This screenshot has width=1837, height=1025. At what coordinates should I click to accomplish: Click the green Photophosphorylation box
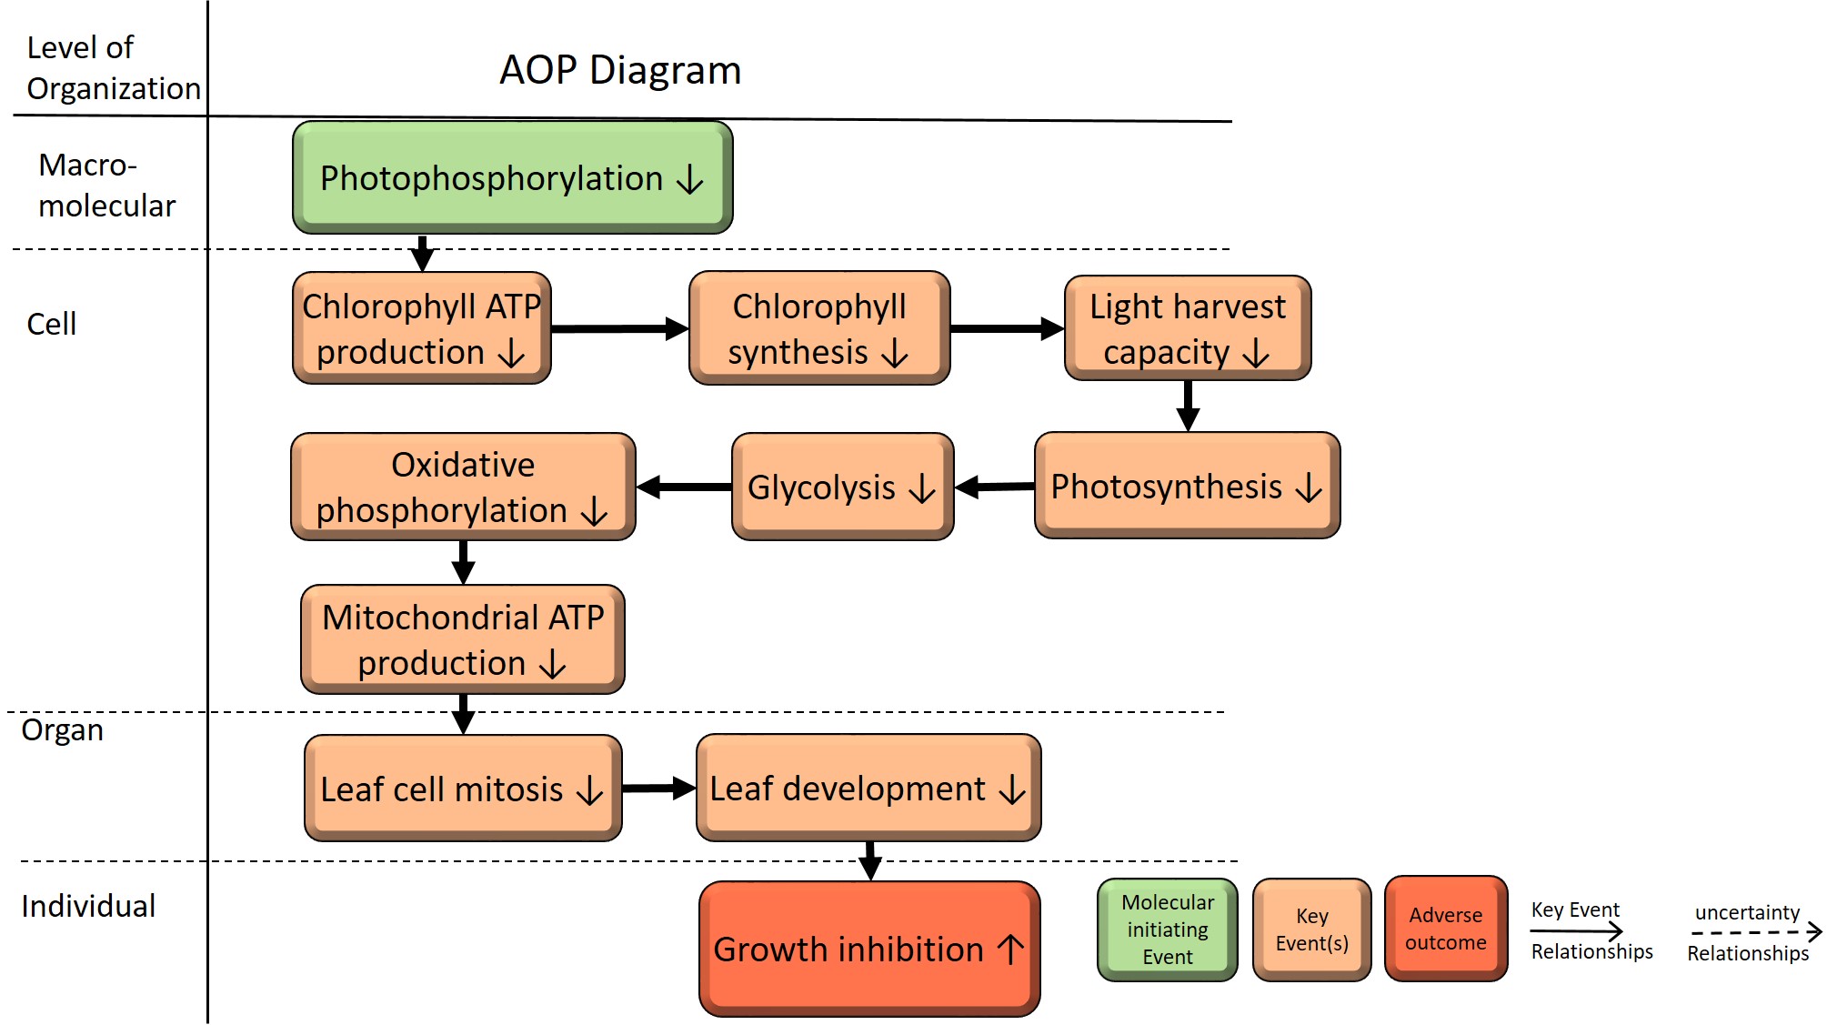click(513, 177)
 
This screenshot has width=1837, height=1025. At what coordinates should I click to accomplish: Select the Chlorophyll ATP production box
click(422, 327)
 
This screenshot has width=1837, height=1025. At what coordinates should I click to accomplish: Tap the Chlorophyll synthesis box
click(819, 327)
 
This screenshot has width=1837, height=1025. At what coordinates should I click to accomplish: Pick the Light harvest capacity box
click(1188, 327)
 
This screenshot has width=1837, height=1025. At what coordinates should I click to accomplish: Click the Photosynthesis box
click(1188, 486)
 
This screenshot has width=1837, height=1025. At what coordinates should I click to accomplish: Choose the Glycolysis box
click(843, 487)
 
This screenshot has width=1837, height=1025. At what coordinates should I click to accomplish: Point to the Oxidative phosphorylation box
click(463, 487)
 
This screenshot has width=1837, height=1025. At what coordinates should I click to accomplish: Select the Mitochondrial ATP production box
click(463, 639)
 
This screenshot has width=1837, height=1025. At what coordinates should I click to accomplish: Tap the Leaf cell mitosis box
click(463, 788)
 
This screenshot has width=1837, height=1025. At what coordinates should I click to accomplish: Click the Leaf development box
click(868, 788)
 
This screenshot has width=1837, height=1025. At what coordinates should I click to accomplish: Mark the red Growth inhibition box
click(869, 949)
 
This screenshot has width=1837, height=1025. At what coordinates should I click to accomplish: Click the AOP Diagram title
click(620, 70)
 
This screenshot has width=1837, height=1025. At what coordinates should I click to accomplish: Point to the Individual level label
click(88, 906)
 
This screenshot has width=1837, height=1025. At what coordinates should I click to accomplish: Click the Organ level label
click(62, 730)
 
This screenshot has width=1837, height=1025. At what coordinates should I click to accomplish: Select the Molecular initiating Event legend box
click(1168, 930)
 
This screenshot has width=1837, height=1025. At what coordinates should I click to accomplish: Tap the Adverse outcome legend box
click(1446, 929)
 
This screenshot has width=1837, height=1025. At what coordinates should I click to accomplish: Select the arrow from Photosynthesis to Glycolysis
click(995, 487)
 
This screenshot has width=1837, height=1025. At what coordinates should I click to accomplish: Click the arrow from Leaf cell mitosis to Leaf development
click(659, 789)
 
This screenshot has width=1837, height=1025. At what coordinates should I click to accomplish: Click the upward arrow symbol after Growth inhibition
click(1010, 950)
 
